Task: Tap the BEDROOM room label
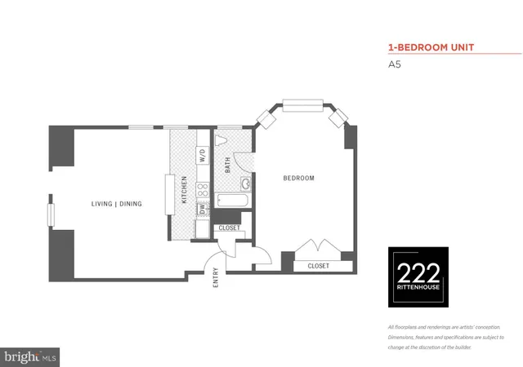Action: [298, 178]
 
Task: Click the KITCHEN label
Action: [185, 189]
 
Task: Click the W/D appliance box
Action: [201, 156]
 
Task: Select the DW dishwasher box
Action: [201, 210]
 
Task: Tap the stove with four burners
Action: [201, 193]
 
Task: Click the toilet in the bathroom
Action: [221, 140]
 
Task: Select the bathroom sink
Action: [245, 183]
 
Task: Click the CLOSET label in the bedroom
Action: [318, 266]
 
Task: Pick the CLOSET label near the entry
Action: [230, 228]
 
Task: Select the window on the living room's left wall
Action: [51, 214]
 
